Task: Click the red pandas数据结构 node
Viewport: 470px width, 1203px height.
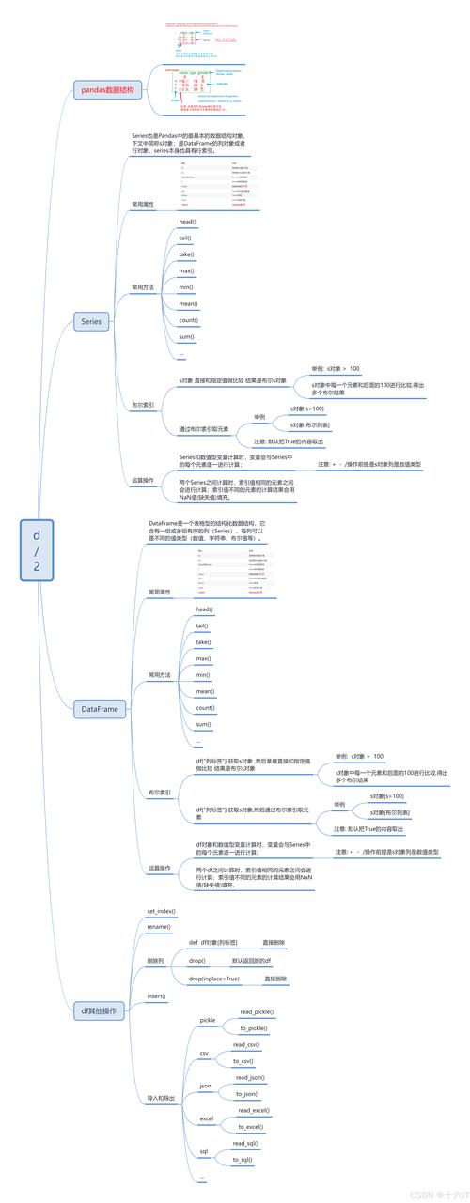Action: tap(107, 91)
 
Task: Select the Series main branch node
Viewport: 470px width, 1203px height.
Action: tap(91, 321)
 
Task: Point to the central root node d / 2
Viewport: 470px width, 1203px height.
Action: tap(37, 550)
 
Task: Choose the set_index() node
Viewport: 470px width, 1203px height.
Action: tap(161, 911)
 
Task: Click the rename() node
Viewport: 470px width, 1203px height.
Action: tap(158, 926)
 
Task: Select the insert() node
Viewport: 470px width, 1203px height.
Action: tap(156, 995)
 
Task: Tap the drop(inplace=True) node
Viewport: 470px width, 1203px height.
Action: tap(214, 978)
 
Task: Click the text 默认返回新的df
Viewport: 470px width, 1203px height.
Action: tap(251, 961)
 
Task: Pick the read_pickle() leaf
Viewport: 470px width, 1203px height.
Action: tap(257, 1011)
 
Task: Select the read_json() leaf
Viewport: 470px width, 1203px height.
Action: tap(250, 1077)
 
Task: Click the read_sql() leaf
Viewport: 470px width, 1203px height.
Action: tap(246, 1143)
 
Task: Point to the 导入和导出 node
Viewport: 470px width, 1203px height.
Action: tap(161, 1071)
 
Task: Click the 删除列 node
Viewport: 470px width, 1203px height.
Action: tap(155, 961)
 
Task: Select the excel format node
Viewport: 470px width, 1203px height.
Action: tap(207, 1118)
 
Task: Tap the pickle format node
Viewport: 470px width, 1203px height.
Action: tap(207, 1020)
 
